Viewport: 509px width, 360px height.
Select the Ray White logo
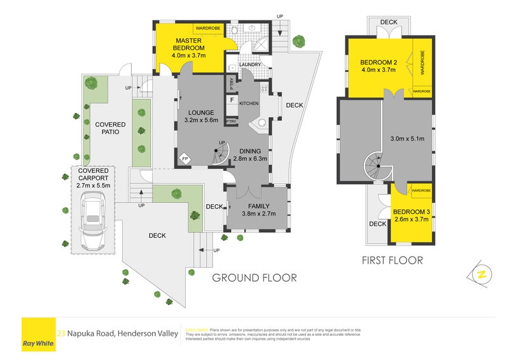pyautogui.click(x=38, y=333)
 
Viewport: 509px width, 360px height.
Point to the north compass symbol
pyautogui.click(x=482, y=274)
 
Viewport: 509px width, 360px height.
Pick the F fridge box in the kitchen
pyautogui.click(x=232, y=100)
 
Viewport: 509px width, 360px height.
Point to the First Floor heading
pyautogui.click(x=392, y=260)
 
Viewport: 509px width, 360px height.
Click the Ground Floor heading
pyautogui.click(x=254, y=278)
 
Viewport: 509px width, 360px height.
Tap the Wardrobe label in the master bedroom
pyautogui.click(x=207, y=29)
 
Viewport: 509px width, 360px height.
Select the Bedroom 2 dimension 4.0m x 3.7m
pyautogui.click(x=378, y=70)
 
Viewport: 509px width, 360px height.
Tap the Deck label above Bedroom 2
pyautogui.click(x=388, y=22)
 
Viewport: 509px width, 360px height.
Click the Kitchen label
pyautogui.click(x=249, y=103)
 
